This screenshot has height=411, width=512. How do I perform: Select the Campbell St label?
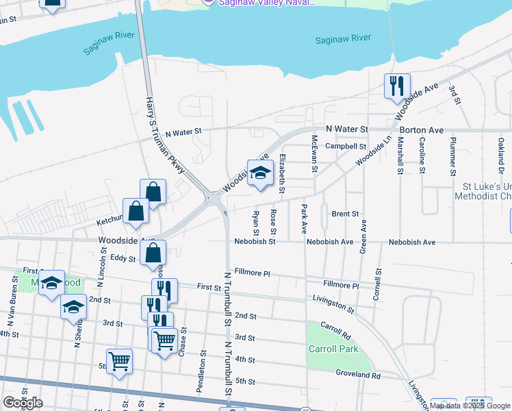tap(346, 146)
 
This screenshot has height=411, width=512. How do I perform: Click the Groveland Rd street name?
tap(357, 375)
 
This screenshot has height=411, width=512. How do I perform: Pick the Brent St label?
tap(345, 214)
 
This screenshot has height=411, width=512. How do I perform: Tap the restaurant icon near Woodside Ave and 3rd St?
tap(397, 86)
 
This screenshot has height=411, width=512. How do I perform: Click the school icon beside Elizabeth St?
tap(260, 173)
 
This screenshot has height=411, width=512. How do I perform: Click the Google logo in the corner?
tap(23, 403)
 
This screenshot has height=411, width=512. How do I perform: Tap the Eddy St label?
tap(124, 258)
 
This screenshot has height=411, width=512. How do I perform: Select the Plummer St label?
tap(452, 157)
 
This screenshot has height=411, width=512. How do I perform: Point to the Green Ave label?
tap(363, 236)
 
